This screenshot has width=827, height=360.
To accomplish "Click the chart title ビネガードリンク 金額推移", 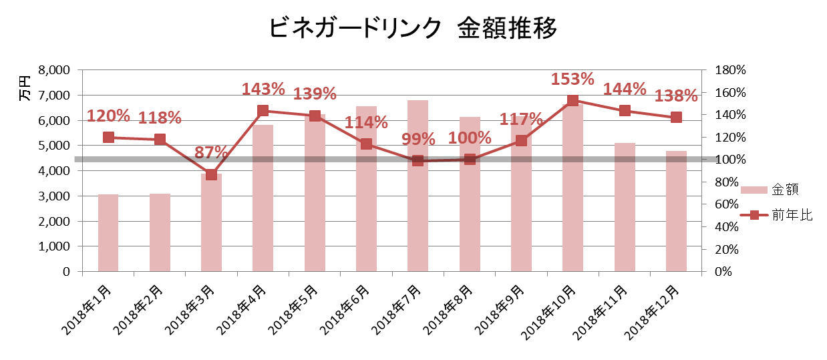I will (x=413, y=29).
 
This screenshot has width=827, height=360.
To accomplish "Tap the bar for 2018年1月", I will (x=108, y=233).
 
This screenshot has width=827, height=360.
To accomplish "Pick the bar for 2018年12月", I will (x=676, y=220).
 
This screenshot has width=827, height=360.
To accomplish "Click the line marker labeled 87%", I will (x=211, y=174).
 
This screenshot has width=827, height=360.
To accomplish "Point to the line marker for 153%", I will (x=572, y=100).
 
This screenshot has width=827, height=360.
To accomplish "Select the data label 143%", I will (x=263, y=89).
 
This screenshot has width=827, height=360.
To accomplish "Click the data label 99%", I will (x=418, y=140).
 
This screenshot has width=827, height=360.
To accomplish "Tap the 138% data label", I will (x=676, y=96).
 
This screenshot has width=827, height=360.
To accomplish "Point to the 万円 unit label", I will (x=24, y=87).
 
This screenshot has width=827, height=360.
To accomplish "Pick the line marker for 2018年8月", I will (x=470, y=160).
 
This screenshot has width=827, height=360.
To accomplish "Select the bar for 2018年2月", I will (x=160, y=233).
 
